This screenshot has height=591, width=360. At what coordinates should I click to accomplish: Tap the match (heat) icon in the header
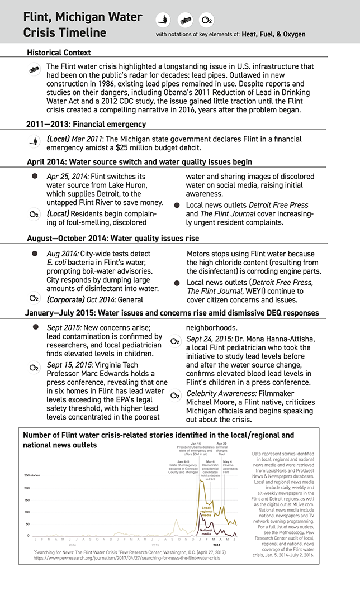point(163,20)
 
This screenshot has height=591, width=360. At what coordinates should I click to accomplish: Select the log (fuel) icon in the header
point(185,20)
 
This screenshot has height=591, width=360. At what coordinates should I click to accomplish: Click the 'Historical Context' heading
point(59,53)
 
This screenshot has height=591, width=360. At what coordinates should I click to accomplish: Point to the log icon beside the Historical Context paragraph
point(35,70)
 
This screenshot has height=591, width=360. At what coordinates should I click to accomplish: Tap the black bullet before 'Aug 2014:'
point(35,254)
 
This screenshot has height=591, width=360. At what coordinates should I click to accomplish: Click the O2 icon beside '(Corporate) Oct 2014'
point(34,299)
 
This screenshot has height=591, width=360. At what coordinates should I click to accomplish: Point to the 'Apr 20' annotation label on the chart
point(222,443)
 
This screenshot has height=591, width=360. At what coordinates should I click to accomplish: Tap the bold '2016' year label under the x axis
point(216,545)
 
